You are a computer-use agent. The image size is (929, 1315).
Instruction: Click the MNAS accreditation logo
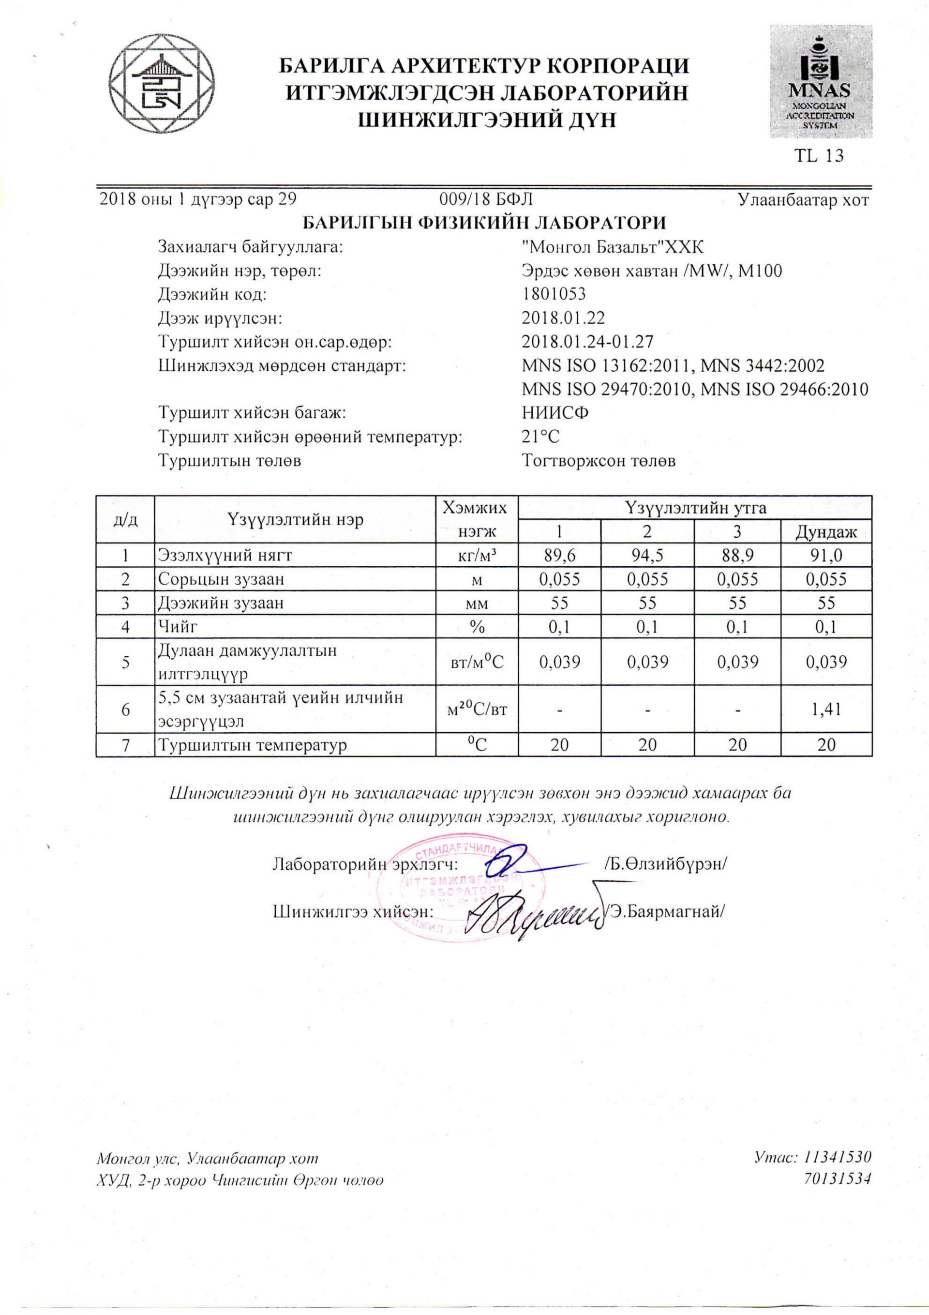pyautogui.click(x=820, y=81)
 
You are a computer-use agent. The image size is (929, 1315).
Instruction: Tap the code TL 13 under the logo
pyautogui.click(x=819, y=156)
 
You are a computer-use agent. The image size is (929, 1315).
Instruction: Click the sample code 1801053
pyautogui.click(x=554, y=294)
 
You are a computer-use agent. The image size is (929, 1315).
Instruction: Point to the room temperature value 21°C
pyautogui.click(x=540, y=437)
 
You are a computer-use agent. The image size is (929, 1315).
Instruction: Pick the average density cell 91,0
pyautogui.click(x=826, y=555)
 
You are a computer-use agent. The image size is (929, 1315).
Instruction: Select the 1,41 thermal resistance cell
pyautogui.click(x=826, y=709)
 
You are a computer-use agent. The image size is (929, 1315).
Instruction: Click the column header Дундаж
pyautogui.click(x=826, y=532)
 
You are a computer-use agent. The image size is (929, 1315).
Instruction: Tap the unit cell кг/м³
pyautogui.click(x=477, y=555)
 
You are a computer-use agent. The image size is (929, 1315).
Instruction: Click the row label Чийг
pyautogui.click(x=178, y=627)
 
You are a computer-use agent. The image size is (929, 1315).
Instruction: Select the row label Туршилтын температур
pyautogui.click(x=253, y=745)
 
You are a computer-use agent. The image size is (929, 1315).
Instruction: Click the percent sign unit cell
pyautogui.click(x=477, y=627)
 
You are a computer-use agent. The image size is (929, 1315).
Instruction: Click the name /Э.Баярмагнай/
pyautogui.click(x=665, y=911)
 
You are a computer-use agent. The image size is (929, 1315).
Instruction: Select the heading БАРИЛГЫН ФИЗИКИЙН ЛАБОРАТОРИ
pyautogui.click(x=484, y=223)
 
